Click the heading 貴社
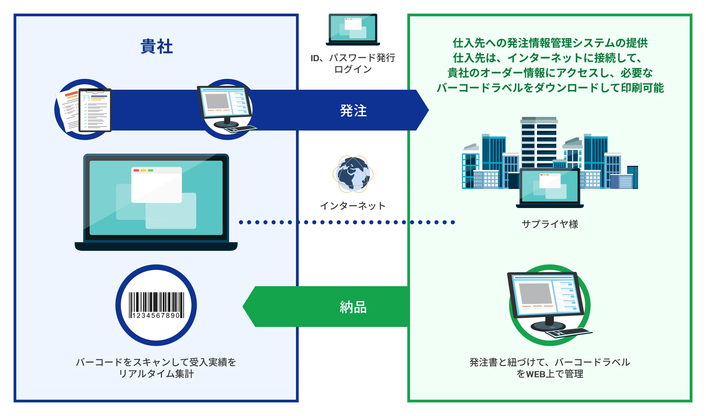(x=156, y=46)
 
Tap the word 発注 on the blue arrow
(x=353, y=111)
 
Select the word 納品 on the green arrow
(x=353, y=307)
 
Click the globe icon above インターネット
(x=353, y=174)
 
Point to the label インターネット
(x=353, y=206)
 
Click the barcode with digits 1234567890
(x=156, y=305)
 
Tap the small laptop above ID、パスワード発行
(x=353, y=29)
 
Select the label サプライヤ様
(x=550, y=224)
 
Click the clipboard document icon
(x=95, y=110)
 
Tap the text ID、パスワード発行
(x=353, y=58)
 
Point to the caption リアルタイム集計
(x=156, y=374)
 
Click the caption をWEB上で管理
(x=550, y=374)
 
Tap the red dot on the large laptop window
(x=136, y=170)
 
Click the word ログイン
(x=353, y=69)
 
